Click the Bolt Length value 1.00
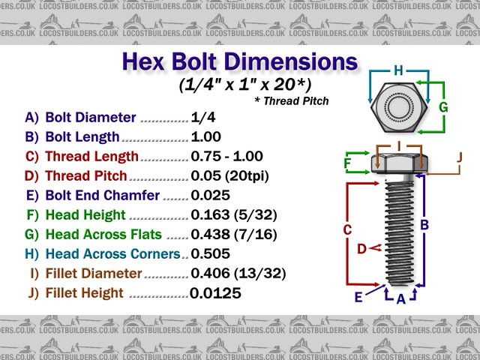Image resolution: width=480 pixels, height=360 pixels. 206,137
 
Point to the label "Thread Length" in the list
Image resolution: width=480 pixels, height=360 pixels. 91,157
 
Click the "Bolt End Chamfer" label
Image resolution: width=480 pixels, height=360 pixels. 102,196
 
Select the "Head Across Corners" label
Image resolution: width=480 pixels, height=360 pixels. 112,254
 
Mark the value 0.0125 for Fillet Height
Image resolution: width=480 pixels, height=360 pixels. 215,293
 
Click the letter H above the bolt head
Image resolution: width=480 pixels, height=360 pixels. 398,70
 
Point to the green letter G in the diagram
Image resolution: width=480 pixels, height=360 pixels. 443,107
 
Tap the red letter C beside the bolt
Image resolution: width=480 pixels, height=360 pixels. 347,229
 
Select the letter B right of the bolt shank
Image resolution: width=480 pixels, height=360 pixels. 424,224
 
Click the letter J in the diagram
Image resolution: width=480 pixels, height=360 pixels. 459,157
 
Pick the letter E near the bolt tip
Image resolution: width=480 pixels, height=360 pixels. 358,297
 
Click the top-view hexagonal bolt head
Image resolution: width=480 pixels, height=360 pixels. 398,109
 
